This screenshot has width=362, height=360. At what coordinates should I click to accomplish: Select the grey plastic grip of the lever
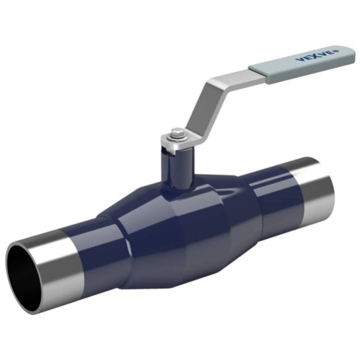tap(302, 64)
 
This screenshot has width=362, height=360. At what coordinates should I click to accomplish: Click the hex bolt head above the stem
tap(177, 133)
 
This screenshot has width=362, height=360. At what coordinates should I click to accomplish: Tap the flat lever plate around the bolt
tap(177, 141)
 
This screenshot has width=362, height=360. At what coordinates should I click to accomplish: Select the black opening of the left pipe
tap(23, 277)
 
